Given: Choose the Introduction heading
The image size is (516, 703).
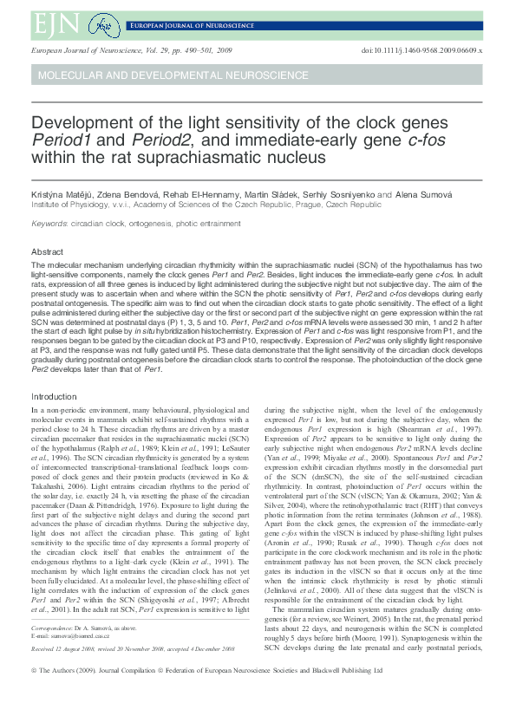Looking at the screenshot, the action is point(54,396).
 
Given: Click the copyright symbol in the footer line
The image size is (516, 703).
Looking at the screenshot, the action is point(34,671).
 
